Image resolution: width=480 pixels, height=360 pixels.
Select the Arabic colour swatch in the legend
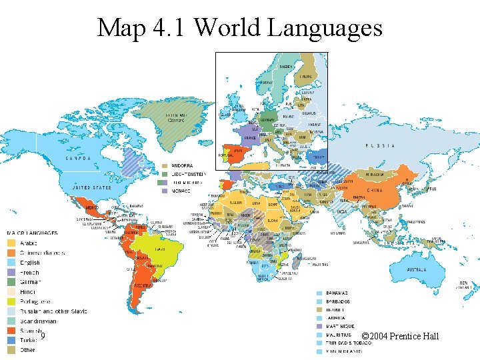coord(11,243)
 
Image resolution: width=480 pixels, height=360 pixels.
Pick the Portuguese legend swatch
coord(11,301)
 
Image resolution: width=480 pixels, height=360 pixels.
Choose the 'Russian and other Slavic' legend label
coord(53,311)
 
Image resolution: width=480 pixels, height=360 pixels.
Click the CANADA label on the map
coord(79,159)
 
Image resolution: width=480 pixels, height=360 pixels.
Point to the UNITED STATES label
coord(91,189)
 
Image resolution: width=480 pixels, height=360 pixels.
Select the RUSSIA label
coord(380,145)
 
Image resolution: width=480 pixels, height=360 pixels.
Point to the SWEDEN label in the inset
coord(285,67)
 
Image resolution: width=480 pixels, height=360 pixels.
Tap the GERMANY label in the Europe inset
coord(267,119)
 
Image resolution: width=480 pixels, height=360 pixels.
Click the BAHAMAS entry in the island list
coord(337,293)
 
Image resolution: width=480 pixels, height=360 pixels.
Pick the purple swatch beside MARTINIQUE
coord(319,327)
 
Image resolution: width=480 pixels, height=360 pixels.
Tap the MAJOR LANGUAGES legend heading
coord(31,233)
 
